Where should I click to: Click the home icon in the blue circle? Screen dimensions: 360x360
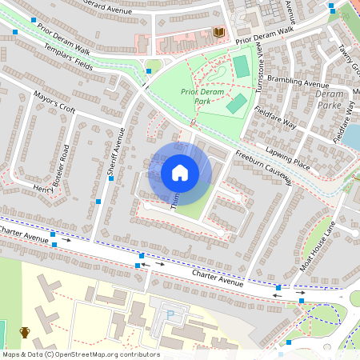180,172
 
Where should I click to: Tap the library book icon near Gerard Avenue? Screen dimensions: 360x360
219,32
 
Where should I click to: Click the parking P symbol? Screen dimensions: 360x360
169,314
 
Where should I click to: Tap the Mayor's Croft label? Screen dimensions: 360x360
54,103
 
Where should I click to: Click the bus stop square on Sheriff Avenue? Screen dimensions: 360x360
98,202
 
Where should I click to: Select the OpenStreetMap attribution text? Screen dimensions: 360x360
80,354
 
